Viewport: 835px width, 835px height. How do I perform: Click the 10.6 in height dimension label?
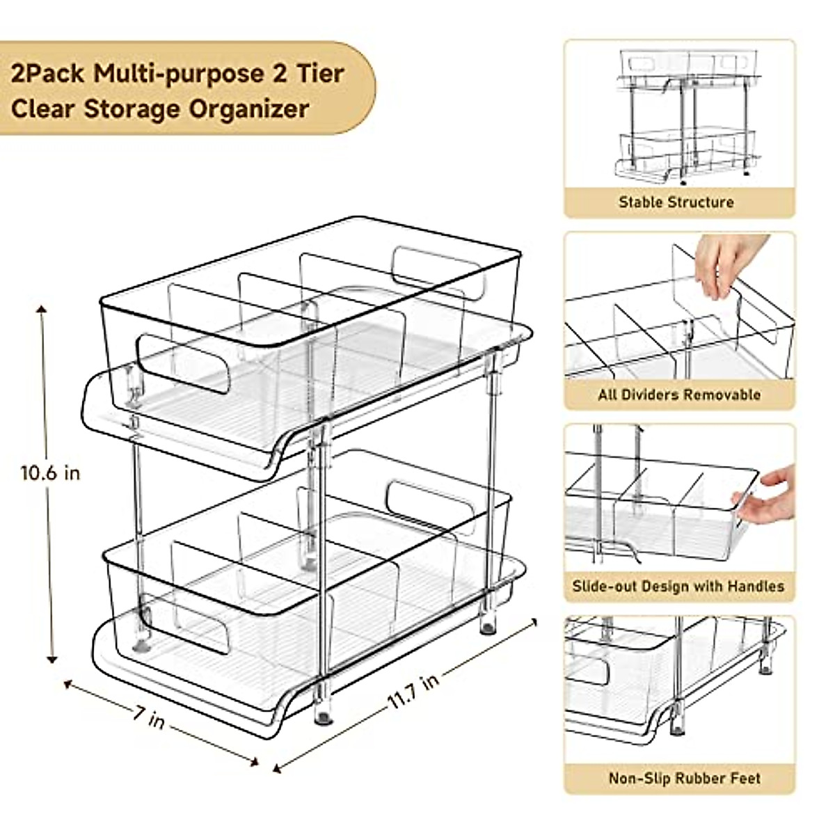pyautogui.click(x=50, y=473)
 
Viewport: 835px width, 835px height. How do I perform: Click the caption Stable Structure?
pyautogui.click(x=676, y=202)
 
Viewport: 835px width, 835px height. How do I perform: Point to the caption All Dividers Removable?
pyautogui.click(x=679, y=395)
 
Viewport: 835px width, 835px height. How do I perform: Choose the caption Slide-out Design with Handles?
pyautogui.click(x=678, y=586)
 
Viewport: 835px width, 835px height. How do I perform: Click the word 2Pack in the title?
pyautogui.click(x=48, y=73)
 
